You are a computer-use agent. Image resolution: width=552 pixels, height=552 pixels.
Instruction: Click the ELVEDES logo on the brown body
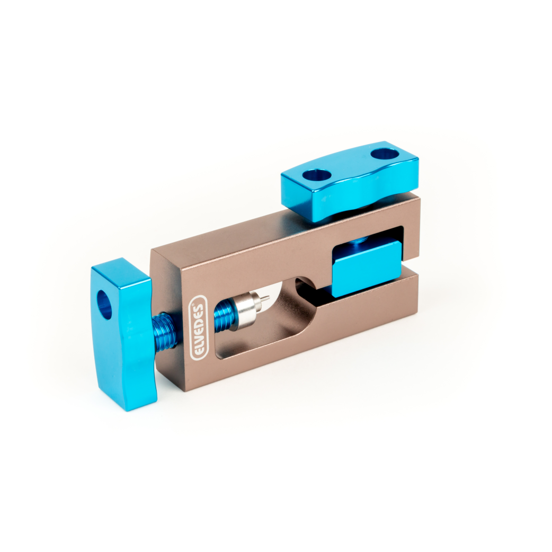(197, 327)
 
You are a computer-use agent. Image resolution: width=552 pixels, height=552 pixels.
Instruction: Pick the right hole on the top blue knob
(385, 155)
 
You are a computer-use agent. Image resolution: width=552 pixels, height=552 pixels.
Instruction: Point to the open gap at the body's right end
(411, 263)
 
